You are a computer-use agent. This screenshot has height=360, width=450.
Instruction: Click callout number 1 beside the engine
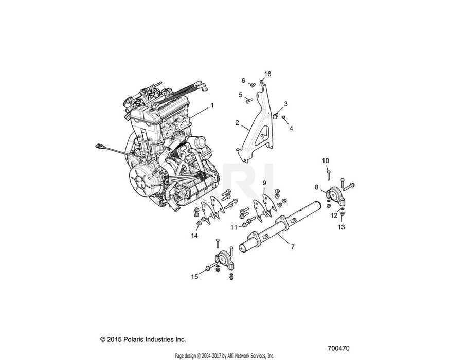pyautogui.click(x=212, y=105)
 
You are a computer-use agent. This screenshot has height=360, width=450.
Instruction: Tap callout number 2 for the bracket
pyautogui.click(x=237, y=123)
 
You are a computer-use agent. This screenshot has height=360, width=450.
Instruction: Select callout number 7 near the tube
pyautogui.click(x=293, y=247)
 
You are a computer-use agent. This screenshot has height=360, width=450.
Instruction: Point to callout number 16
pyautogui.click(x=267, y=74)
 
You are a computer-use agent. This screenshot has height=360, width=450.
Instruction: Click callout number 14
pyautogui.click(x=194, y=236)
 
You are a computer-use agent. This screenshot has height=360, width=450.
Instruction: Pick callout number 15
pyautogui.click(x=194, y=277)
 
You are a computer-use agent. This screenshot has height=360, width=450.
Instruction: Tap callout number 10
pyautogui.click(x=326, y=161)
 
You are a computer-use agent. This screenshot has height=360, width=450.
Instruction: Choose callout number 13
pyautogui.click(x=341, y=227)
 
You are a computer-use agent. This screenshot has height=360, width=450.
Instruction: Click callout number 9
pyautogui.click(x=264, y=183)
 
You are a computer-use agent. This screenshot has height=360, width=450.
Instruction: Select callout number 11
pyautogui.click(x=234, y=227)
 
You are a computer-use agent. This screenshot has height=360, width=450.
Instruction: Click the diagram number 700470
pyautogui.click(x=338, y=348)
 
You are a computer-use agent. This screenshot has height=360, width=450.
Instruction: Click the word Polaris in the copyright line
pyautogui.click(x=134, y=339)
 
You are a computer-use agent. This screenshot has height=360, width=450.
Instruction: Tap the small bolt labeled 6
pyautogui.click(x=253, y=85)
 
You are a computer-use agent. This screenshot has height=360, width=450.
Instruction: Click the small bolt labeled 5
pyautogui.click(x=248, y=100)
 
